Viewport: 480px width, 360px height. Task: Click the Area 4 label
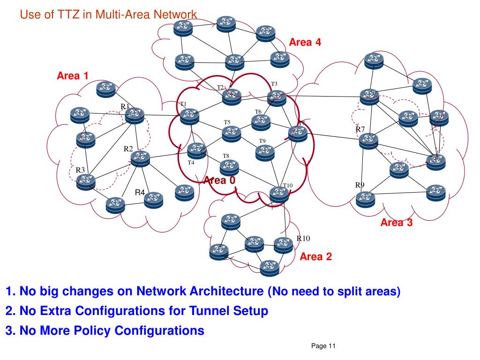click(x=305, y=42)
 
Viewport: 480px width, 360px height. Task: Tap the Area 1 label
click(x=73, y=75)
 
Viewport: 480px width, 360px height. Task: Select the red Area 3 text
click(x=397, y=223)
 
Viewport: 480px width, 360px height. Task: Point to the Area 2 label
click(x=315, y=256)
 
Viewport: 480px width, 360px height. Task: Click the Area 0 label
click(x=219, y=180)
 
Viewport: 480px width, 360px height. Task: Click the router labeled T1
click(x=190, y=116)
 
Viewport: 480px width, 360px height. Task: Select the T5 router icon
click(x=231, y=134)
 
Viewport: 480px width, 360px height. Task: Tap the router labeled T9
click(x=265, y=152)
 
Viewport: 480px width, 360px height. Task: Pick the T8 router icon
click(x=229, y=166)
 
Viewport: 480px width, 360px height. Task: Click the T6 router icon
click(x=261, y=122)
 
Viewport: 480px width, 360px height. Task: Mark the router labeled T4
click(x=196, y=150)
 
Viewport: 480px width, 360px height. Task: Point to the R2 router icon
click(x=140, y=159)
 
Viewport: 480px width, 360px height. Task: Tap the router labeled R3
click(x=85, y=181)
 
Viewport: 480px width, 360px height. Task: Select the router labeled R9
click(x=366, y=200)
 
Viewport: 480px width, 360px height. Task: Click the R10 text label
click(x=303, y=239)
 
